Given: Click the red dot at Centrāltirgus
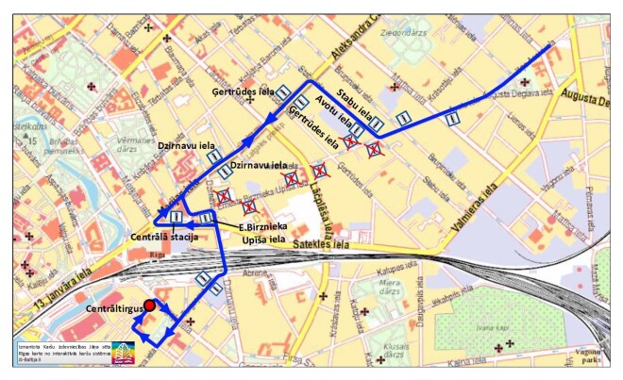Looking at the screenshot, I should pos(149,305).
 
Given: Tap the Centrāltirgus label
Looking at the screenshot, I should pos(112,309).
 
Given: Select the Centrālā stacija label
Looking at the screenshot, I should pos(163,235).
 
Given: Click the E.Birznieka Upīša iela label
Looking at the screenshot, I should pos(261,233).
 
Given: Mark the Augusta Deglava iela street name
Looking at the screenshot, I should pos(590,99).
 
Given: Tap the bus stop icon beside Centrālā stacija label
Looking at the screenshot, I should pos(177,218).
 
